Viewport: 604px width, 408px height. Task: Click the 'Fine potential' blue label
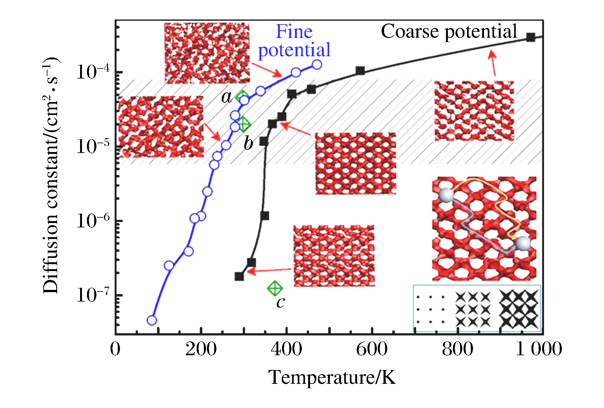[294, 41]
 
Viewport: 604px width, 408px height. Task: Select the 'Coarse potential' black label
[449, 31]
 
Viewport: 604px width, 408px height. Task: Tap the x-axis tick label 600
[372, 349]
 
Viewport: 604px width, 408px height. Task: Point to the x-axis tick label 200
[201, 349]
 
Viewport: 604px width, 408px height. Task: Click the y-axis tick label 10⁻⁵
[93, 146]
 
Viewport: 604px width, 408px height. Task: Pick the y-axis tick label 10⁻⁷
[93, 295]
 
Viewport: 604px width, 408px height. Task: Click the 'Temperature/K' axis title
[332, 377]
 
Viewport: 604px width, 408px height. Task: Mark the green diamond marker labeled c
[275, 288]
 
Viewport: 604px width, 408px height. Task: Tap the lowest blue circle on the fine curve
[152, 320]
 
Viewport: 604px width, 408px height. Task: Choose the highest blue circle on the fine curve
[317, 65]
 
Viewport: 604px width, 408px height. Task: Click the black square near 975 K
[531, 37]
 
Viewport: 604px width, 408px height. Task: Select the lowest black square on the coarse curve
[239, 276]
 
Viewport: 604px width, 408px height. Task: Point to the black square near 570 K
[360, 71]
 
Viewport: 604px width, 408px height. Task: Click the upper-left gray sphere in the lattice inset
[446, 195]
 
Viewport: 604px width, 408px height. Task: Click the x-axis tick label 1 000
[539, 349]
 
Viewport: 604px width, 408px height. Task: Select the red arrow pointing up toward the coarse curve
[493, 63]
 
